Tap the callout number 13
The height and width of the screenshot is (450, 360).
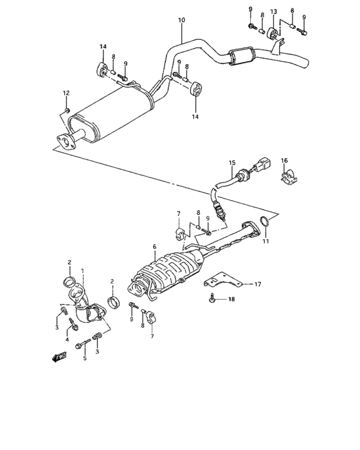tap(273, 12)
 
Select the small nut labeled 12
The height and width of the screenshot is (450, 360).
tap(67, 110)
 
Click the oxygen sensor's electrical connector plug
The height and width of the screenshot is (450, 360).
tap(264, 168)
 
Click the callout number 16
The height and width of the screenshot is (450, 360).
tap(285, 161)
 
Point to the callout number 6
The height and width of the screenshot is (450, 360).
tap(154, 246)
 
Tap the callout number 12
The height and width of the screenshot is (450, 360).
tap(66, 94)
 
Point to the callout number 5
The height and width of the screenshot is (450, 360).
tap(84, 357)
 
